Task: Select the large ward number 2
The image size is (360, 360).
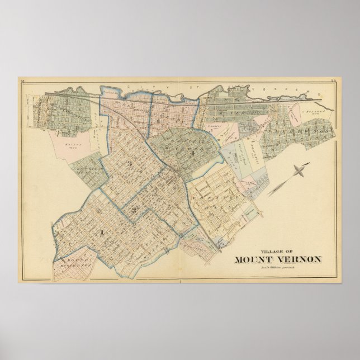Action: (x=134, y=209)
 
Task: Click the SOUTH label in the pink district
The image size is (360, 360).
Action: (x=67, y=262)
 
